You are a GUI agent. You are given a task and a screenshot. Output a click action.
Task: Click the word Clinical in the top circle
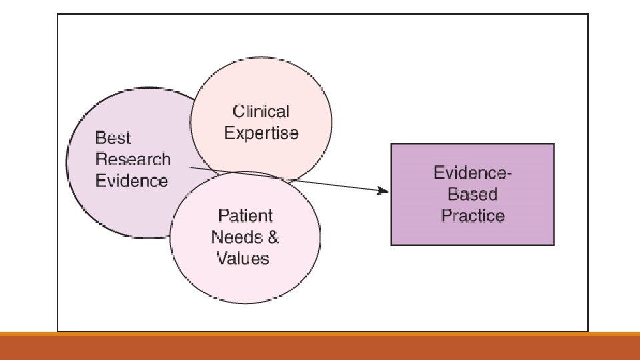[261, 111]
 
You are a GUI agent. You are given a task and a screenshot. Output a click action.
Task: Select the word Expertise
[261, 133]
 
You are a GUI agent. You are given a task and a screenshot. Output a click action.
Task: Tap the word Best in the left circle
[113, 138]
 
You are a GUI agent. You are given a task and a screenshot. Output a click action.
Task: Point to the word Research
[133, 159]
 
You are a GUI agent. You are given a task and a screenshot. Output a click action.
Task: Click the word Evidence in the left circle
[132, 181]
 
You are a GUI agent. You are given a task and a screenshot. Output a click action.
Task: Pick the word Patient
[246, 215]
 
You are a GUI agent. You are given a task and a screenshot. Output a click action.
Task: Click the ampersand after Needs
[272, 237]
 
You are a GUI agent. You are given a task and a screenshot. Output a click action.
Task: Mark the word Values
[243, 258]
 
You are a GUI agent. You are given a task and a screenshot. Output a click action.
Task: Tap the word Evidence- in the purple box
[473, 173]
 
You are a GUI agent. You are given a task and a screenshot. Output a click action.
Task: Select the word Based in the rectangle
[473, 195]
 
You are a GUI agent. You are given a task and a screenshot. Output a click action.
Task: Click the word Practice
[473, 216]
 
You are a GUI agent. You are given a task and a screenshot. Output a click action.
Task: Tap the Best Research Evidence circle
[100, 207]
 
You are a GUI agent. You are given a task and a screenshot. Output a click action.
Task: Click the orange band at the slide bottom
[320, 347]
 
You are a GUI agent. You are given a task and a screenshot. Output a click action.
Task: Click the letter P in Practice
[446, 216]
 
